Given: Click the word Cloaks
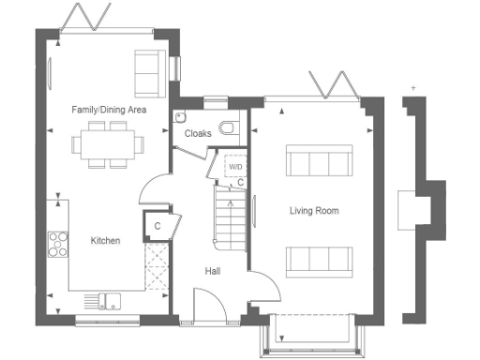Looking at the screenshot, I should (198, 134).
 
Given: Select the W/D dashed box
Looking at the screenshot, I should (234, 167).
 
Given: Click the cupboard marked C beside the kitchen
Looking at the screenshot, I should (157, 226).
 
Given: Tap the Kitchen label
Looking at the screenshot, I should (105, 241).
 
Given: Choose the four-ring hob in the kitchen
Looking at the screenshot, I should (58, 243).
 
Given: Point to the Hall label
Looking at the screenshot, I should (213, 272).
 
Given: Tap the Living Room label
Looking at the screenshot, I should (314, 211).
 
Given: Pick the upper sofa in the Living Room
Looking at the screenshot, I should (320, 161).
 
